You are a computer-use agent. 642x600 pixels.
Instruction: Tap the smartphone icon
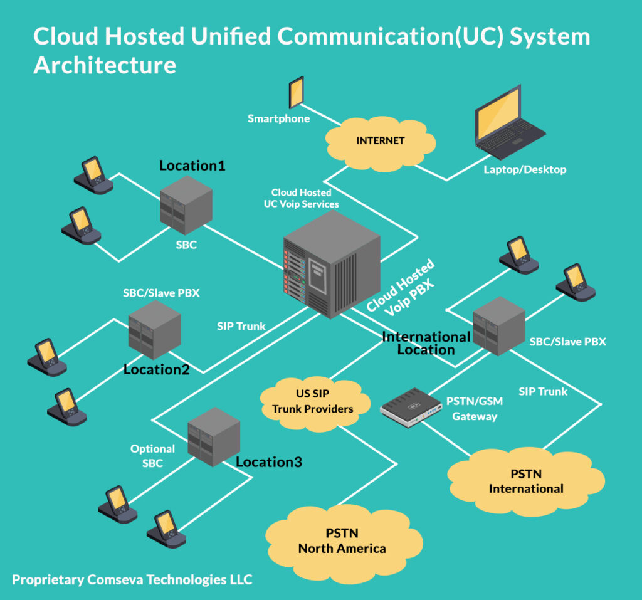(x=296, y=93)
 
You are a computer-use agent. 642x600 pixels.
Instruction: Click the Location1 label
(x=192, y=166)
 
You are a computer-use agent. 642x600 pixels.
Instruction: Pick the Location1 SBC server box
(x=186, y=205)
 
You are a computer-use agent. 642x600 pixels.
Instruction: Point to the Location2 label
(x=156, y=369)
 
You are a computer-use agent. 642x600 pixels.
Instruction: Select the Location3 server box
(x=214, y=436)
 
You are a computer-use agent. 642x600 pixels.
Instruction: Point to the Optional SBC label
(x=152, y=456)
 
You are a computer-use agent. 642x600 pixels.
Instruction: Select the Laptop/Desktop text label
(x=525, y=169)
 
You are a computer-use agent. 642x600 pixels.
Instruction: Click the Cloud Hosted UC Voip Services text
(x=301, y=198)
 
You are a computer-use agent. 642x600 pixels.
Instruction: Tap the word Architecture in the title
(x=105, y=65)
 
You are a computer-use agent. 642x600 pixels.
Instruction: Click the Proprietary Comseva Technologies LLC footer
(x=132, y=579)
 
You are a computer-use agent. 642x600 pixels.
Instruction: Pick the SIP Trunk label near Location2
(x=241, y=326)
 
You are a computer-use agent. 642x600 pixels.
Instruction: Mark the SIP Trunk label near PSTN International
(x=543, y=391)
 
